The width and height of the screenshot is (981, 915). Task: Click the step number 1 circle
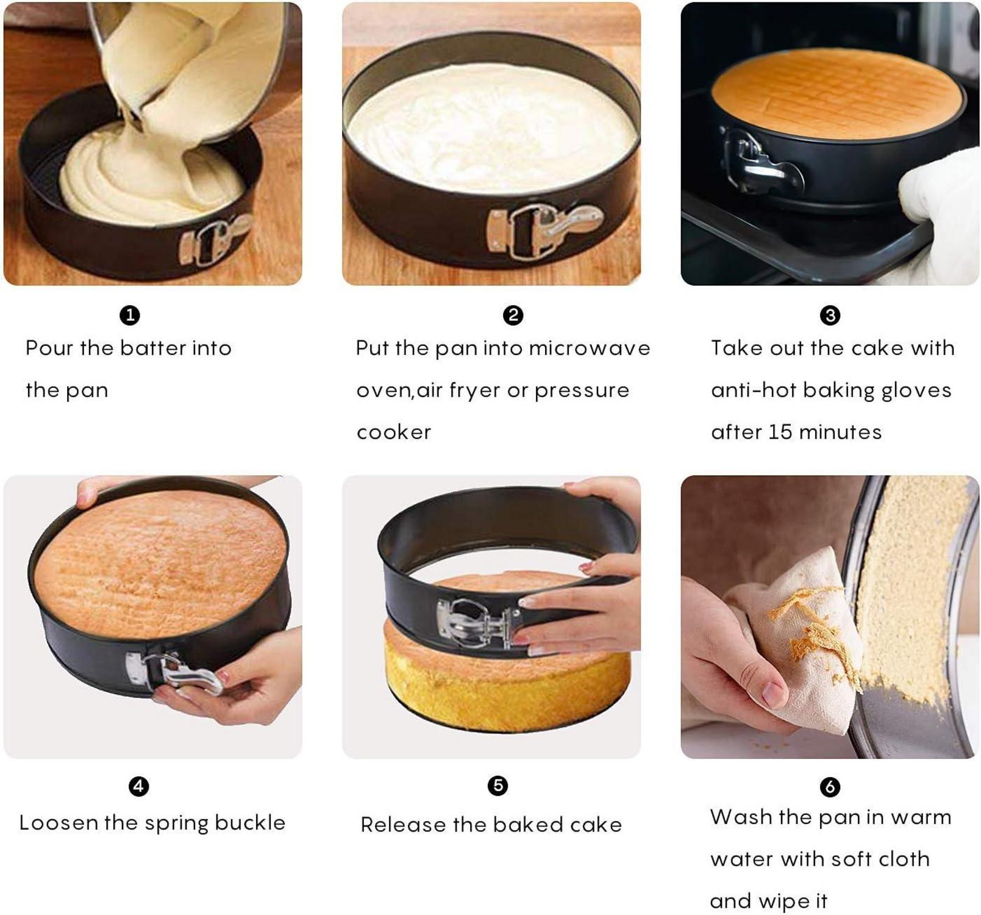130,315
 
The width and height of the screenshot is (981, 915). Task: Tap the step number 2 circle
513,315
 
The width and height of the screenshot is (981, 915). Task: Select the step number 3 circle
830,315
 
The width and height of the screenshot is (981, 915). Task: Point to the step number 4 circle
139,786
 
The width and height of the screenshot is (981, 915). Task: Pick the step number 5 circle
498,785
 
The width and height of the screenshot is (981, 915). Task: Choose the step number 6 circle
830,787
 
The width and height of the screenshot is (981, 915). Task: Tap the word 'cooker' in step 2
394,432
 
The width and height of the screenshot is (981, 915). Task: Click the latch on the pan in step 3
758,162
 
